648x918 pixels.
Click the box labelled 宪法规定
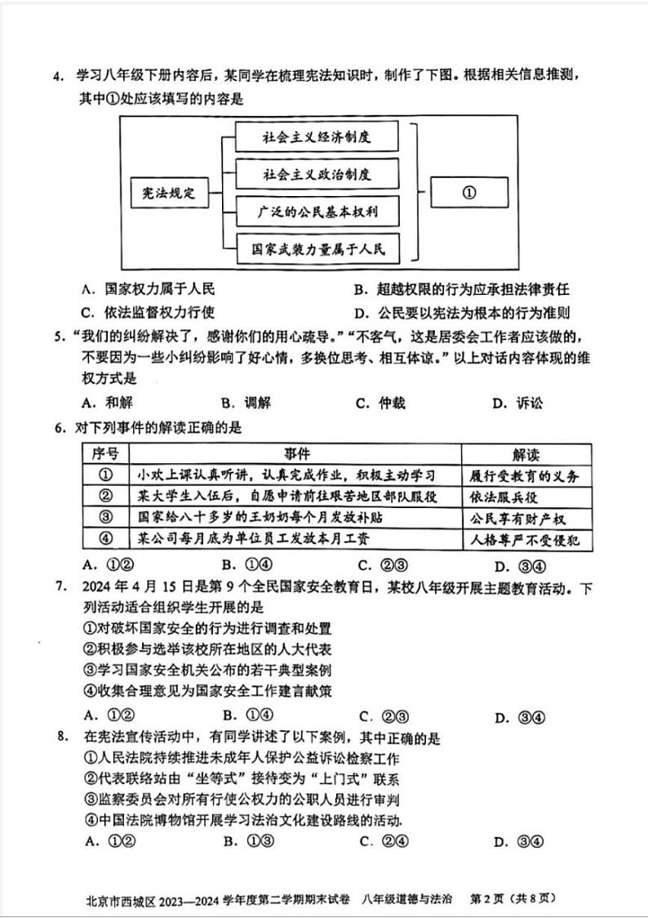164,194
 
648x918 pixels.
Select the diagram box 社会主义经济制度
317,136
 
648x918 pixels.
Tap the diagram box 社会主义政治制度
317,174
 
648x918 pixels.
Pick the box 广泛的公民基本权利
317,212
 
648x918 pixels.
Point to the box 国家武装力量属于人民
317,250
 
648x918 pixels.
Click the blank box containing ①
468,194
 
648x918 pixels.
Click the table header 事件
296,454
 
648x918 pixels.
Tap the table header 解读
526,455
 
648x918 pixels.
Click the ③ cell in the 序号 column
105,518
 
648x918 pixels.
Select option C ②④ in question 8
384,842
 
